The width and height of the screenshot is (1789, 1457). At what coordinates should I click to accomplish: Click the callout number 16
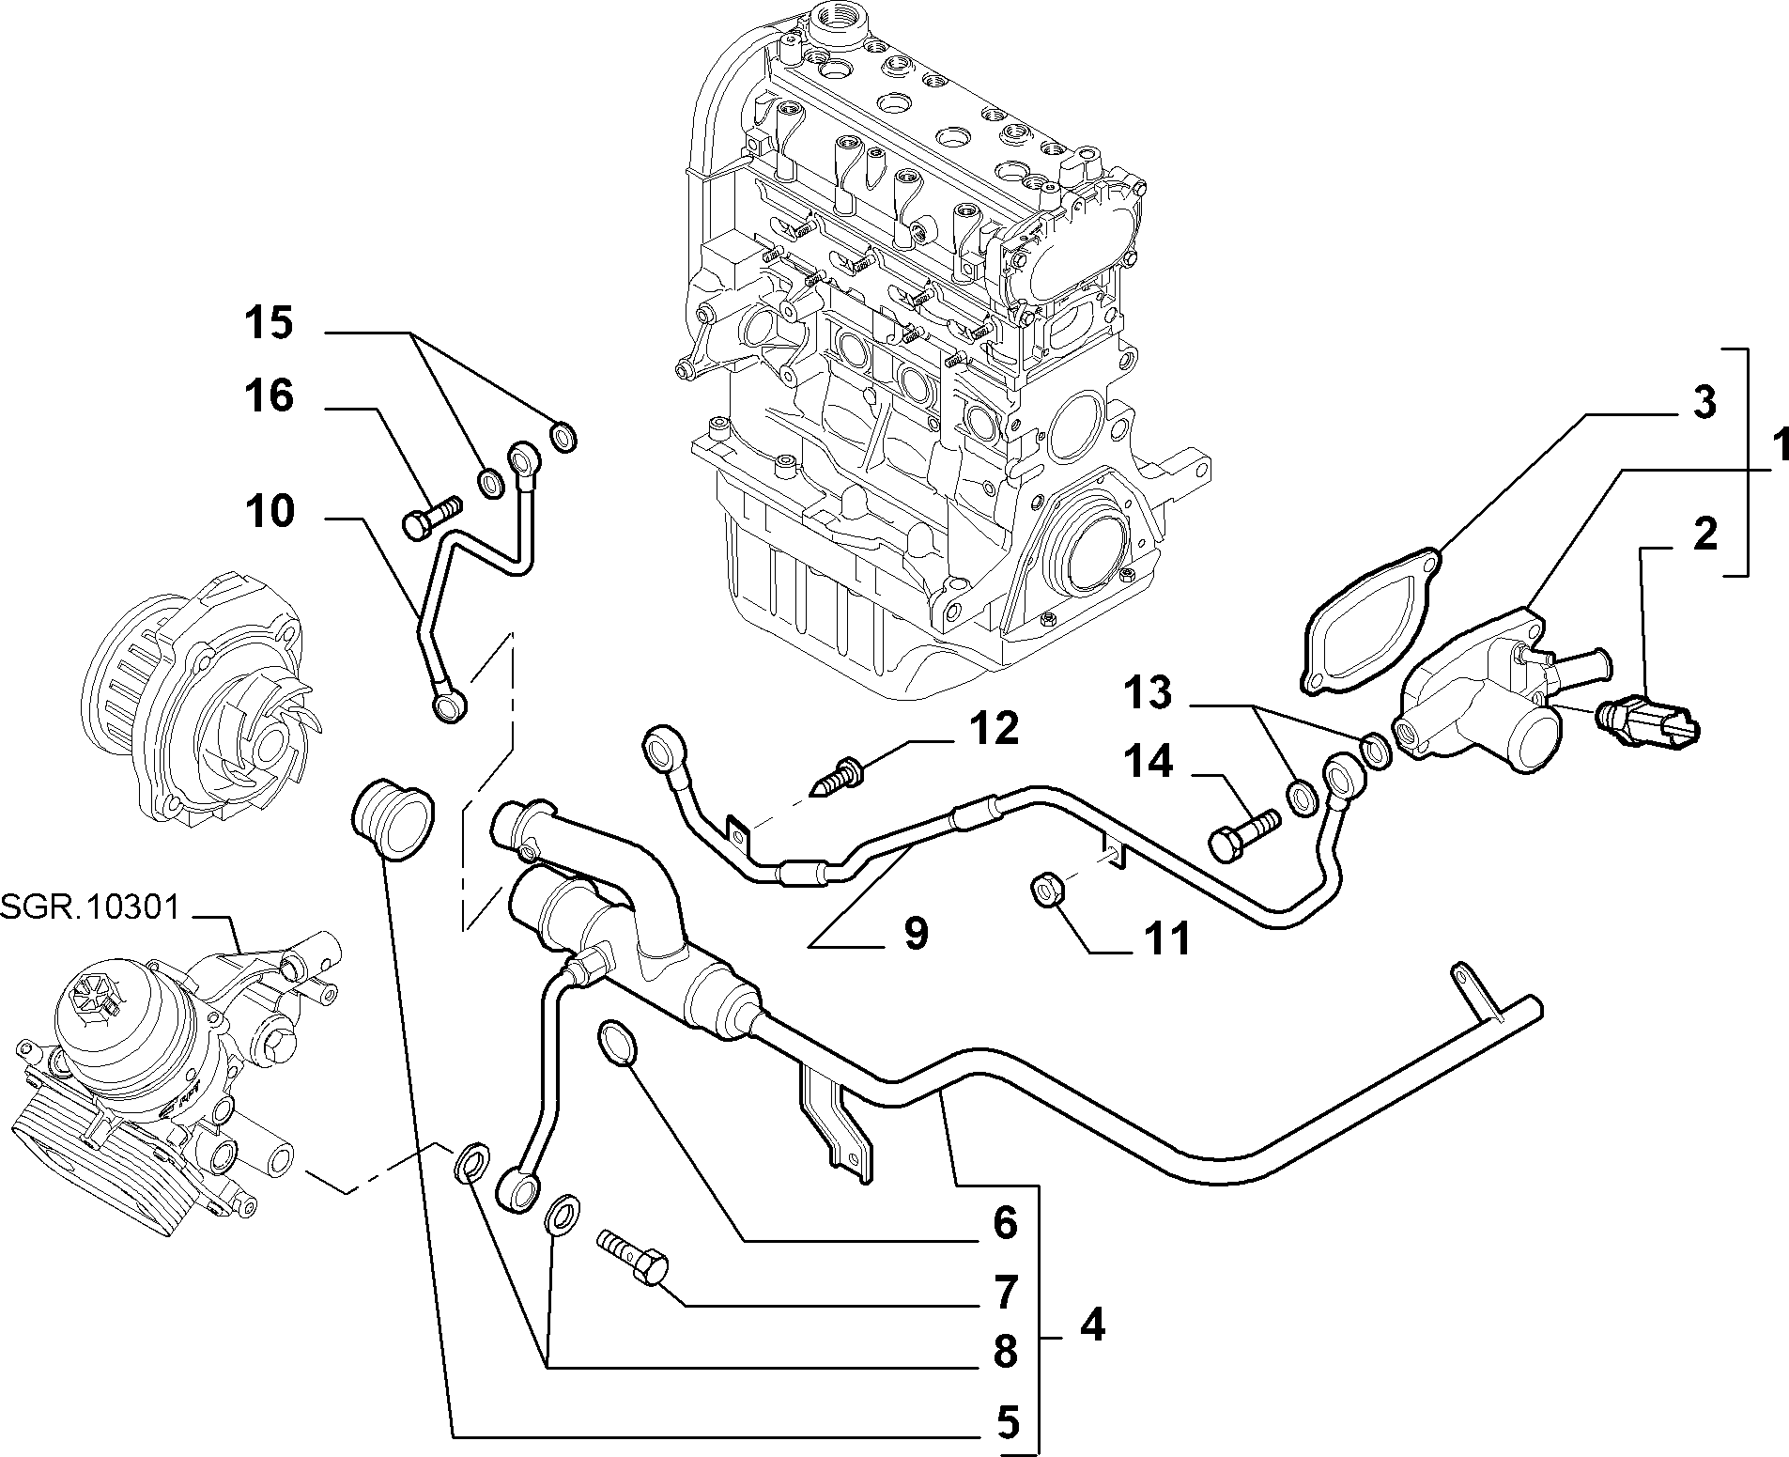point(270,395)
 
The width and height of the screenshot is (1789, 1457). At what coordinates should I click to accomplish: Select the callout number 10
point(270,512)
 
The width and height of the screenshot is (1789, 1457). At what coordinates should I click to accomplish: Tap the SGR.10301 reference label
point(90,908)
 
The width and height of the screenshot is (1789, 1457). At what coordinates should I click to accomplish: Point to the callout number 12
point(994,728)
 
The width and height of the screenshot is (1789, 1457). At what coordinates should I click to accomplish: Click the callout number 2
point(1704,535)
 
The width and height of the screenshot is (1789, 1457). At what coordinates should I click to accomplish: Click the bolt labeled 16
point(433,515)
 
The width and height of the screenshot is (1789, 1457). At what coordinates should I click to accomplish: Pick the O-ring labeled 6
point(617,1042)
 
